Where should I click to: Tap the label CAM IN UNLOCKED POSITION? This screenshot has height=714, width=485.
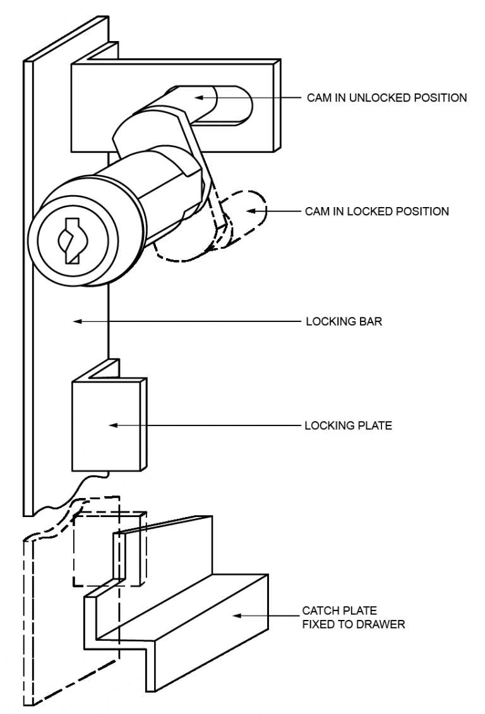[x=386, y=98]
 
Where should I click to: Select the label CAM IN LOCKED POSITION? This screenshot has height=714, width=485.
[x=377, y=211]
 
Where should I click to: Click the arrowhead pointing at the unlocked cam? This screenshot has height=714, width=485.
[x=197, y=98]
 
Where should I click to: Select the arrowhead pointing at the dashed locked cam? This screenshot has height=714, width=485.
[x=248, y=211]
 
